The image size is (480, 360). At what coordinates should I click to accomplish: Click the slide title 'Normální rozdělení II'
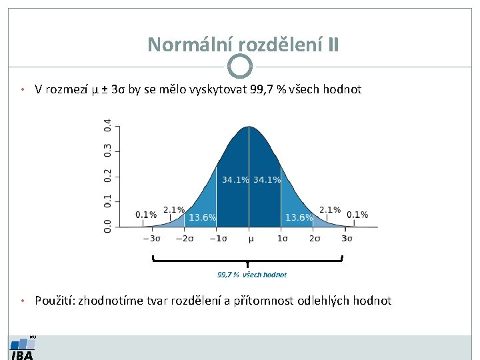pyautogui.click(x=243, y=44)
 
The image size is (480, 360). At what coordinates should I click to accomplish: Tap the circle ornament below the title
pyautogui.click(x=240, y=66)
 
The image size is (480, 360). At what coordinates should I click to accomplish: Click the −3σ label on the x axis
pyautogui.click(x=153, y=238)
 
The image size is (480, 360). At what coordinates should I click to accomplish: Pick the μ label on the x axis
pyautogui.click(x=251, y=238)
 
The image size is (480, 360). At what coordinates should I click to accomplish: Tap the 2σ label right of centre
pyautogui.click(x=315, y=238)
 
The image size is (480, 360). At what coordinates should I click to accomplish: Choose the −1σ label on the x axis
pyautogui.click(x=218, y=238)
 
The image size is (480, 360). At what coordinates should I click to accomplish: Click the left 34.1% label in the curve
pyautogui.click(x=235, y=180)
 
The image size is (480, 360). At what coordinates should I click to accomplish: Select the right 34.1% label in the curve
pyautogui.click(x=267, y=180)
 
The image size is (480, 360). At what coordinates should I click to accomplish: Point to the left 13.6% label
pyautogui.click(x=203, y=217)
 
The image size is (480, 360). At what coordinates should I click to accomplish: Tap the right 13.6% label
pyautogui.click(x=299, y=217)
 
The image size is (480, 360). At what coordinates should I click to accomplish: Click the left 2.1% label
pyautogui.click(x=174, y=210)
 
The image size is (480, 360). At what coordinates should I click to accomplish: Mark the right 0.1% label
pyautogui.click(x=357, y=215)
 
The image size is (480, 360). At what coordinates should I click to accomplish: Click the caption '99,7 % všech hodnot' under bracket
pyautogui.click(x=252, y=274)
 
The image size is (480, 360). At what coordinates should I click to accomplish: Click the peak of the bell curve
pyautogui.click(x=249, y=127)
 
